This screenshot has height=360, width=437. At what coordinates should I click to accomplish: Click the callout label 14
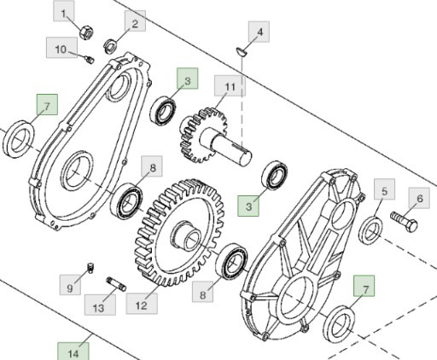coord(73,350)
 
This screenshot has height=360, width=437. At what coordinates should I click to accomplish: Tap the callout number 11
coord(229,87)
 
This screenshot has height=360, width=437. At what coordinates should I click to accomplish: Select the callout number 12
coord(142,302)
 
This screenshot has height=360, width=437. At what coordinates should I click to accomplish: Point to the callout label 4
coord(259,33)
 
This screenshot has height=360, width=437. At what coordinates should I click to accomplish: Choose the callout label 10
coord(61,50)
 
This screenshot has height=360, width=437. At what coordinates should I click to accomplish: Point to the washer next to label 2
coord(110,45)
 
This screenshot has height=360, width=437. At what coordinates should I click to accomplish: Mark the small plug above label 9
coord(89,270)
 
